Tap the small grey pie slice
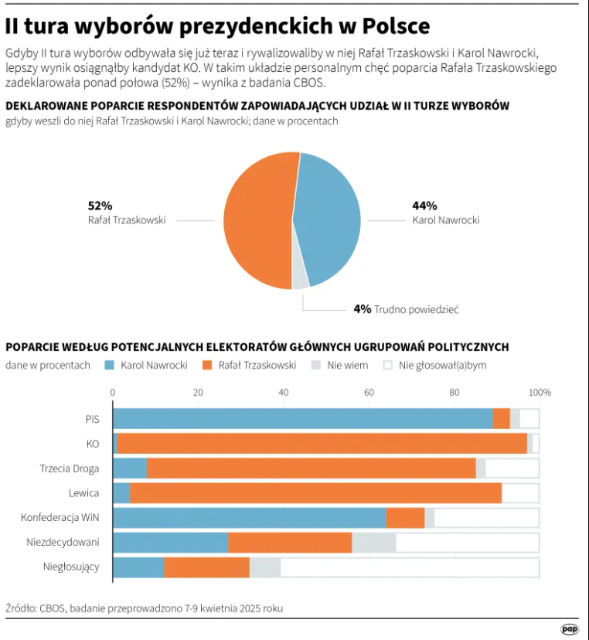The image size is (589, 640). pos(300,279)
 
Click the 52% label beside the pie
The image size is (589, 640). pos(100,206)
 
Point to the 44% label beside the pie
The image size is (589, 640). pos(424,206)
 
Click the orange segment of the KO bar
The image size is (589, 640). pos(322,443)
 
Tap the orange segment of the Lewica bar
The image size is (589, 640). pos(315,492)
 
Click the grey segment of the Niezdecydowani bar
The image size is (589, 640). pos(373,543)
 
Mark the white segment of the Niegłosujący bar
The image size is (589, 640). pos(410,567)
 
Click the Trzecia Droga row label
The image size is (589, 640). pos(70,468)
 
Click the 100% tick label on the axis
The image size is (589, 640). pos(539,393)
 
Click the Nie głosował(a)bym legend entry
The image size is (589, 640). pos(441,365)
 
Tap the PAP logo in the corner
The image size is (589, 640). pos(570,629)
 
